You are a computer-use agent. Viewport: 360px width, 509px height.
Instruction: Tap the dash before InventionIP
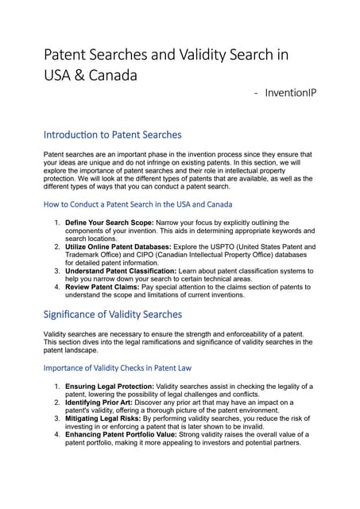click(x=255, y=94)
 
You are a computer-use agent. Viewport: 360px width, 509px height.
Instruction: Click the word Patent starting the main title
click(x=67, y=55)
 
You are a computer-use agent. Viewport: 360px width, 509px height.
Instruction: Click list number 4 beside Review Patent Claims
click(x=57, y=287)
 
